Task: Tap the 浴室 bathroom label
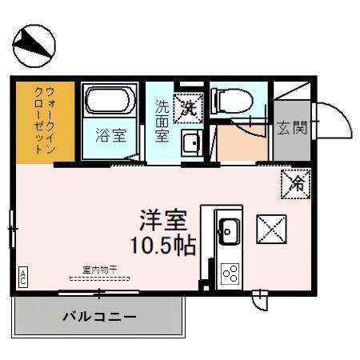[x=110, y=135]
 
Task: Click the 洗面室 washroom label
[x=162, y=120]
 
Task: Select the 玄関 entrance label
[x=291, y=127]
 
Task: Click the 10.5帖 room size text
[x=165, y=245]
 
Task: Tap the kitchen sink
[x=227, y=233]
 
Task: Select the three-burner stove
[x=230, y=274]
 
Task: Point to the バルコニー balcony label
[x=99, y=316]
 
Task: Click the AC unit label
[x=23, y=277]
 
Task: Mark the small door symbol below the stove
[x=259, y=302]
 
